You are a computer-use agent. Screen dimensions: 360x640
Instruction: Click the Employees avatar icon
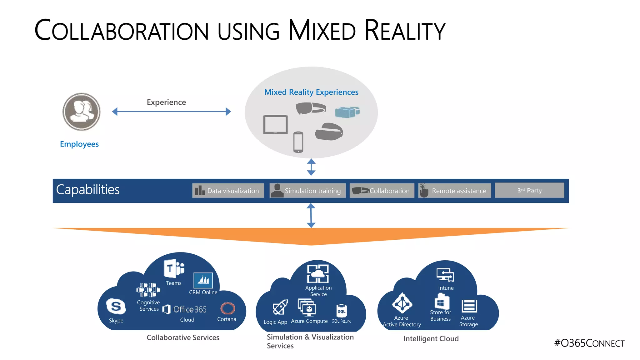pos(82,112)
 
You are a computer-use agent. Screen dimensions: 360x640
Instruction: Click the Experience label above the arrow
pos(166,102)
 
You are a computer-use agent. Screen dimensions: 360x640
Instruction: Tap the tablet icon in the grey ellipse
pos(275,124)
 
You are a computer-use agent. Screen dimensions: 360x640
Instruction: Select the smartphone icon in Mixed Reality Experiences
pos(298,142)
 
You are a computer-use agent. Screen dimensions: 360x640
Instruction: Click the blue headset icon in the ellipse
pos(347,112)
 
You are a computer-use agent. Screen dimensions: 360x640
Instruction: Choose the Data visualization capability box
pos(228,191)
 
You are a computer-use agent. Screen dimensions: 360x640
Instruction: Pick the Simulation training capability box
pos(307,191)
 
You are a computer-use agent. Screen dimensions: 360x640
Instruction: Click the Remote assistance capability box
pos(455,191)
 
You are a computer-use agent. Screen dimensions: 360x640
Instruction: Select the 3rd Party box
pos(529,190)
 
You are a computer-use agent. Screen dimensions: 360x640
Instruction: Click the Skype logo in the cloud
pos(116,306)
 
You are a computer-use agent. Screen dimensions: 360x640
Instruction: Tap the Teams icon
pos(174,268)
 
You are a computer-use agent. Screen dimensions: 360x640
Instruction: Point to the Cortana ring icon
pos(227,308)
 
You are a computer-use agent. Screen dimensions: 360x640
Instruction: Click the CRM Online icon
pos(203,280)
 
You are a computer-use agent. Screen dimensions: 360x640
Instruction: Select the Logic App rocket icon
pos(280,307)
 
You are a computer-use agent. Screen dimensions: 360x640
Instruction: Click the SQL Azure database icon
pos(342,311)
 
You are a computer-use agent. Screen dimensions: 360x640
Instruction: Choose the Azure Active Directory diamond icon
pos(402,303)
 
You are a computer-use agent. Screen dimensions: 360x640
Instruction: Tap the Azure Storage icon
pos(469,306)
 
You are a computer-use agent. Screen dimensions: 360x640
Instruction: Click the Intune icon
pos(445,275)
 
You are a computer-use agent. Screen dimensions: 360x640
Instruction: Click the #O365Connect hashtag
pos(589,343)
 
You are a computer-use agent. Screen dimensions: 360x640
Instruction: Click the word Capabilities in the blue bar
pos(88,190)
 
